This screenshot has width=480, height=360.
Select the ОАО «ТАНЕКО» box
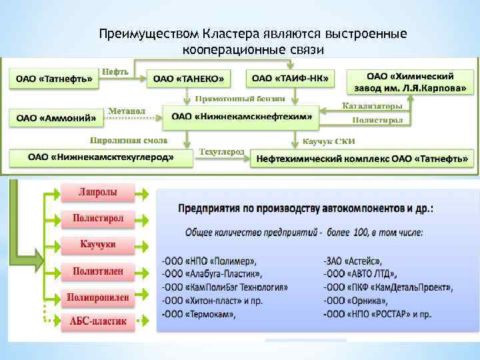pyautogui.click(x=189, y=79)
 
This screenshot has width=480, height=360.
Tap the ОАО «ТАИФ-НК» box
pyautogui.click(x=290, y=78)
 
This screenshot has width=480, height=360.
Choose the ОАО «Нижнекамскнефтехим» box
pyautogui.click(x=242, y=116)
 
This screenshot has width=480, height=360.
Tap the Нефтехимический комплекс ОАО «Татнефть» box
pyautogui.click(x=362, y=159)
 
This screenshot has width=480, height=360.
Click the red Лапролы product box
pyautogui.click(x=98, y=192)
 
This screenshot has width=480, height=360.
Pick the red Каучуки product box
pyautogui.click(x=98, y=244)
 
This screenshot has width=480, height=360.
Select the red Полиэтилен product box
pyautogui.click(x=98, y=270)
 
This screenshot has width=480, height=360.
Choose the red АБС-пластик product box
pyautogui.click(x=98, y=321)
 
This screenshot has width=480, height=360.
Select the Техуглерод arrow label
pyautogui.click(x=222, y=152)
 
